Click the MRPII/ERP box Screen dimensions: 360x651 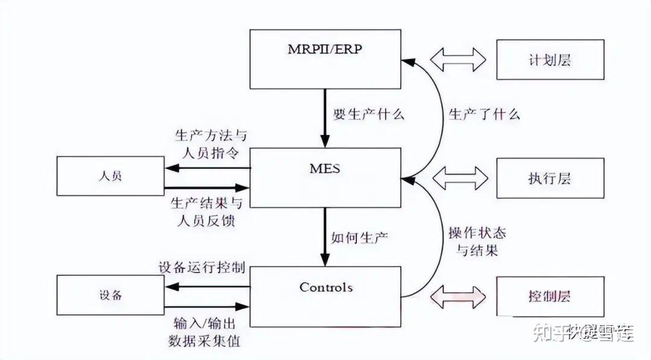click(x=325, y=58)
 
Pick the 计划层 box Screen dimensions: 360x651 click(x=550, y=60)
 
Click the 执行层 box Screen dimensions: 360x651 click(x=550, y=178)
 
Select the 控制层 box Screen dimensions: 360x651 click(x=550, y=296)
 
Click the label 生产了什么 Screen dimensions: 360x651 click(x=484, y=114)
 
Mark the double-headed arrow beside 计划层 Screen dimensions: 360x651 click(x=459, y=60)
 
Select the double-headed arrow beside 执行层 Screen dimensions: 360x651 click(x=459, y=178)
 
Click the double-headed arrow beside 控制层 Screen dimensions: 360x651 click(x=459, y=296)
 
